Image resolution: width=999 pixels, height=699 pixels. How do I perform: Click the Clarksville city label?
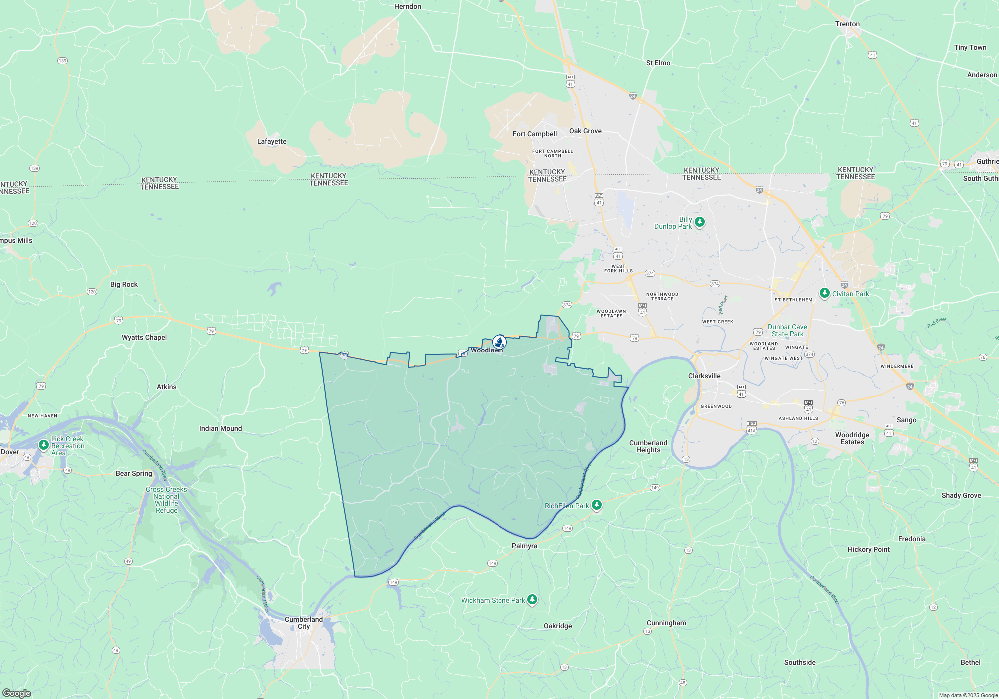click(704, 376)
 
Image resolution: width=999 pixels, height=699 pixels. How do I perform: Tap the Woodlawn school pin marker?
click(499, 342)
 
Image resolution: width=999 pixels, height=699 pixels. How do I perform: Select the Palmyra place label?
click(524, 546)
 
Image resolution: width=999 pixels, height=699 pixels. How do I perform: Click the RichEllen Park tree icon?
click(596, 505)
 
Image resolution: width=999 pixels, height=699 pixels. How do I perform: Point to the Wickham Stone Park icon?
click(532, 599)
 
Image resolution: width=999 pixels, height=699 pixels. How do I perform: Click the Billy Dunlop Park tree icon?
click(700, 222)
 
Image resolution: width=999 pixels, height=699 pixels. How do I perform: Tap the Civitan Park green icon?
click(825, 293)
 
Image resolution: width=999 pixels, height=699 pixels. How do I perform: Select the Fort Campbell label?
click(534, 134)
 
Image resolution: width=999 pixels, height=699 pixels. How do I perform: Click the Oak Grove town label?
click(585, 131)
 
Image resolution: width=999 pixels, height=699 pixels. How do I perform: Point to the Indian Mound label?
click(220, 428)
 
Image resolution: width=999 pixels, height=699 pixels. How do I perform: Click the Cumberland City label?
click(304, 623)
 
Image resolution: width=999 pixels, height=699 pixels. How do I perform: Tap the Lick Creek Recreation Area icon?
click(44, 444)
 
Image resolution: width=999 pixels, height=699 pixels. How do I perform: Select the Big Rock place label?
click(124, 284)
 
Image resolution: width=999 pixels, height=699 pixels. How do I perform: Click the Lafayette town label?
click(272, 141)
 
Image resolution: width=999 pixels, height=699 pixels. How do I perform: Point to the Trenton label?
click(847, 24)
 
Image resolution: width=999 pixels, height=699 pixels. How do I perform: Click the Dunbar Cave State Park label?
click(787, 330)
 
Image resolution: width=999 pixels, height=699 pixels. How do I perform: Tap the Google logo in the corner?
click(16, 693)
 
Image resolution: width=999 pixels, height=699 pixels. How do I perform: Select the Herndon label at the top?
click(407, 6)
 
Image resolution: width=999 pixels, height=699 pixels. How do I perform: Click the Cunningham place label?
click(666, 623)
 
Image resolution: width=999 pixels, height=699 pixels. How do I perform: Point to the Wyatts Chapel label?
click(144, 337)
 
